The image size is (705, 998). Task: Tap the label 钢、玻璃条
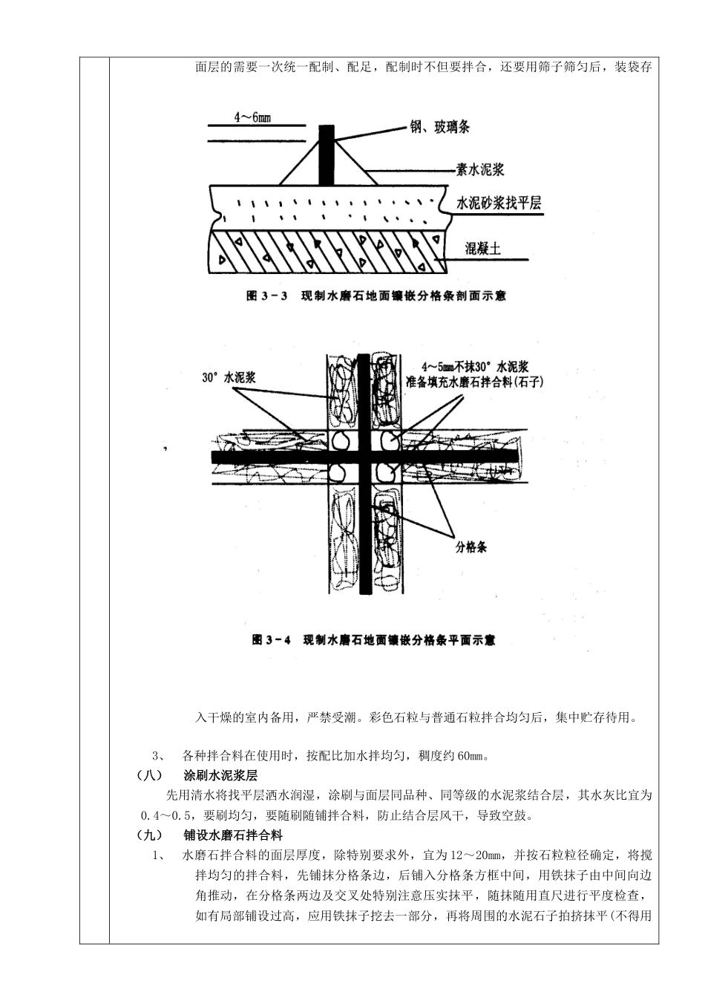pyautogui.click(x=440, y=127)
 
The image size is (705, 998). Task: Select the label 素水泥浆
pyautogui.click(x=479, y=170)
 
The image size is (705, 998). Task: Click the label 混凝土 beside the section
pyautogui.click(x=483, y=248)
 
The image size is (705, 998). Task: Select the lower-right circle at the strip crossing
pyautogui.click(x=386, y=471)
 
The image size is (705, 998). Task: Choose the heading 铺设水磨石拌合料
pyautogui.click(x=233, y=835)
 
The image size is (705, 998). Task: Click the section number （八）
pyautogui.click(x=149, y=777)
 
